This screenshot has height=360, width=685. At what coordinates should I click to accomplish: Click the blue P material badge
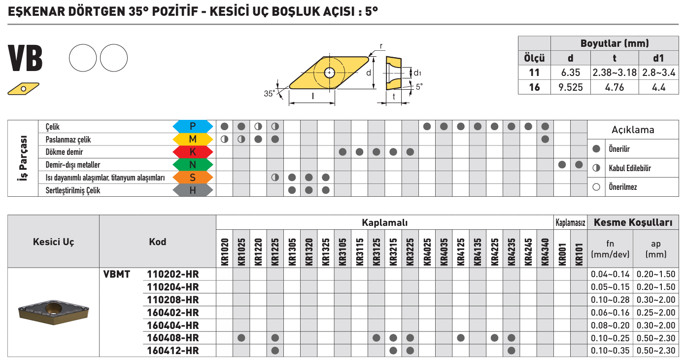click(193, 126)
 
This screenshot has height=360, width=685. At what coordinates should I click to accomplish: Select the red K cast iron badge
click(193, 152)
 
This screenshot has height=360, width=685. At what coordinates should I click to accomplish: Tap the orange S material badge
click(193, 178)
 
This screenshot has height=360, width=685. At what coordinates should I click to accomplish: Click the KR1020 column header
click(225, 252)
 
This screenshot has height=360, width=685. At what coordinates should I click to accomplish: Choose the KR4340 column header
click(545, 252)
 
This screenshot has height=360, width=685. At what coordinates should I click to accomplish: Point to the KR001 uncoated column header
click(562, 254)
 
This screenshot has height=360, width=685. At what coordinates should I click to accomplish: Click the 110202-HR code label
click(173, 274)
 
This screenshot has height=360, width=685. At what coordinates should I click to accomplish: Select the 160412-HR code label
click(173, 351)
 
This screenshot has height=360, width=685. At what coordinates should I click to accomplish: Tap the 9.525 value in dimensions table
click(571, 87)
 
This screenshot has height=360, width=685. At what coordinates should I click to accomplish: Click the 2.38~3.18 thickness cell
click(615, 72)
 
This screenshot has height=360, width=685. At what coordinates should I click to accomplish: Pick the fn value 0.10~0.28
click(610, 300)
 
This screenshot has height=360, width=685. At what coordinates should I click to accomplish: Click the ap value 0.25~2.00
click(656, 313)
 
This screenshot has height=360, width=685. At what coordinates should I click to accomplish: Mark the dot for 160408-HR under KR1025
click(241, 338)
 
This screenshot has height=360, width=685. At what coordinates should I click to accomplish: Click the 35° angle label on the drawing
click(270, 94)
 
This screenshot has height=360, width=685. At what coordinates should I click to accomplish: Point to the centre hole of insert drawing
click(329, 73)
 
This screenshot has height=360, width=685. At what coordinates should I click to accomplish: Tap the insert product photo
click(54, 312)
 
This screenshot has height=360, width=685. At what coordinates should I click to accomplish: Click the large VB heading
click(25, 58)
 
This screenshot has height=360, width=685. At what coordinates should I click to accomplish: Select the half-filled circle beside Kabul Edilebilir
click(596, 168)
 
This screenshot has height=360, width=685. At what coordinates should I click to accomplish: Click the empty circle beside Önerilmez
click(596, 187)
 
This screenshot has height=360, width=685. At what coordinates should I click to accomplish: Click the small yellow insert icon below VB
click(24, 89)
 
